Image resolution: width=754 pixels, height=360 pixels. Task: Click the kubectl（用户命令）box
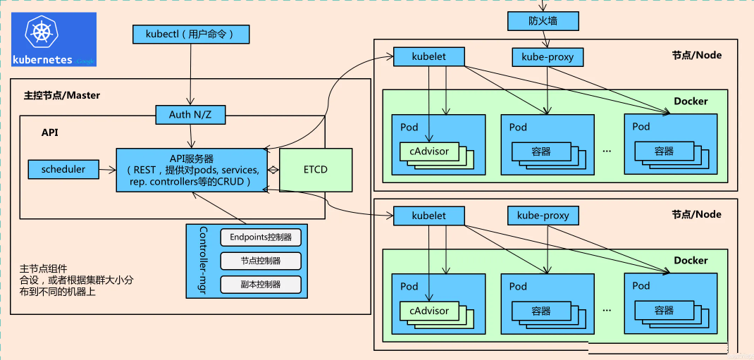(x=191, y=34)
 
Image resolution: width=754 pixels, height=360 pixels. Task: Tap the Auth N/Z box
(x=191, y=115)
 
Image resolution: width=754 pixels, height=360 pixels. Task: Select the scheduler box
(x=63, y=169)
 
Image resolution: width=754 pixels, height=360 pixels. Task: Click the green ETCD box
(x=316, y=170)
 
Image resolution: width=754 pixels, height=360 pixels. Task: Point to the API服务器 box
(x=192, y=170)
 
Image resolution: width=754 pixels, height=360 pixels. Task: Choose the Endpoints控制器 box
(x=261, y=237)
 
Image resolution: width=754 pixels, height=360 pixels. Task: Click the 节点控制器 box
(x=261, y=261)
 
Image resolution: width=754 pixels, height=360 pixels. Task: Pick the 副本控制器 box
(x=261, y=284)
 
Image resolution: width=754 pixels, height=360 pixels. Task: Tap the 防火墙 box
(x=543, y=21)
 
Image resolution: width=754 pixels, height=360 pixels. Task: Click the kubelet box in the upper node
(x=429, y=57)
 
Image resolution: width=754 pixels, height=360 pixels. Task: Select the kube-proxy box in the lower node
(x=543, y=216)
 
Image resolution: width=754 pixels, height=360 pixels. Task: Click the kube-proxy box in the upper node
(x=548, y=57)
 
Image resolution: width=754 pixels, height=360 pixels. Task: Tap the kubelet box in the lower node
(x=429, y=216)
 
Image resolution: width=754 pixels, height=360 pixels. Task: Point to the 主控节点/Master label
(x=62, y=95)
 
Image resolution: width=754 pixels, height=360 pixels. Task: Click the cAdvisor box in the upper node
(x=429, y=151)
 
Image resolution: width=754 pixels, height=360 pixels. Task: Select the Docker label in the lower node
(x=691, y=261)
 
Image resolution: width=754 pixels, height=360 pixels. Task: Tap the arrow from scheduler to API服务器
(x=107, y=169)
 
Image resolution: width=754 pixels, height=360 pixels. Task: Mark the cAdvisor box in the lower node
(x=429, y=311)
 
